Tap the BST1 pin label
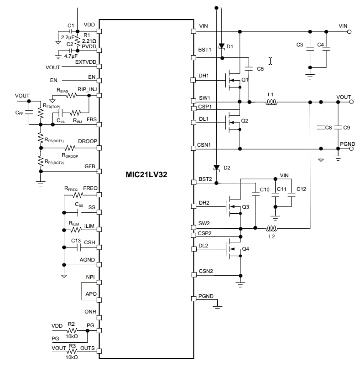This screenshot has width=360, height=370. (x=205, y=50)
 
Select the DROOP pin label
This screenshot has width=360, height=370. (x=88, y=141)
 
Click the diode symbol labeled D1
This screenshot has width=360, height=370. (x=222, y=46)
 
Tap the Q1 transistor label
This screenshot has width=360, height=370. (x=245, y=79)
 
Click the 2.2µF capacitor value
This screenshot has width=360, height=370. (x=67, y=36)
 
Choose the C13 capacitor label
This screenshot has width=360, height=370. (x=76, y=241)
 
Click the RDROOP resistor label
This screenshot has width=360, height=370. (x=69, y=155)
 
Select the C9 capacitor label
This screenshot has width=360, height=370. (x=346, y=128)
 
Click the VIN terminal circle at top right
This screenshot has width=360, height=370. (x=349, y=32)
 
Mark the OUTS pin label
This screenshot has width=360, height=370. (x=88, y=349)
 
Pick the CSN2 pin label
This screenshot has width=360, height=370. (x=206, y=271)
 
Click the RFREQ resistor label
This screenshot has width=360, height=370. (x=71, y=188)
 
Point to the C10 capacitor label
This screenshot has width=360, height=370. (x=265, y=189)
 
